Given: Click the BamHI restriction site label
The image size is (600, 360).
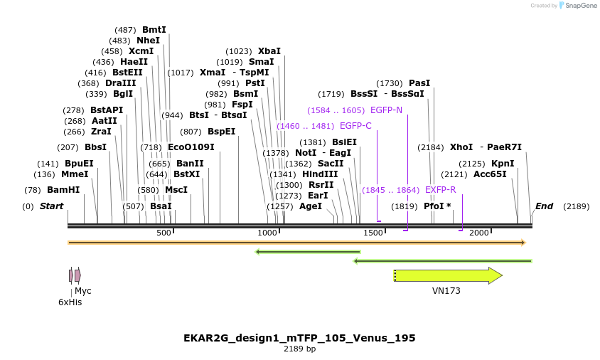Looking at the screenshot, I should (x=63, y=190).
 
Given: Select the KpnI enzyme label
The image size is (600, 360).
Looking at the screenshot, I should (x=503, y=163).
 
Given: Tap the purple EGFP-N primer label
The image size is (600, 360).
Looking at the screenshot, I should (x=386, y=110).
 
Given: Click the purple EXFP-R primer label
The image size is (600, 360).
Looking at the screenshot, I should (x=440, y=190).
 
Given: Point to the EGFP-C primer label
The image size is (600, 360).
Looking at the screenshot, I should (x=355, y=126).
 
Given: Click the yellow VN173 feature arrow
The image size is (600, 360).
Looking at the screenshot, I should (x=448, y=275).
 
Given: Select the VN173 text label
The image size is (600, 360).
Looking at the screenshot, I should (x=446, y=291).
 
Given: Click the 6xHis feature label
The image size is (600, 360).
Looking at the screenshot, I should (x=70, y=302).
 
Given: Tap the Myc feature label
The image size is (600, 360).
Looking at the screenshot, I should (x=83, y=291).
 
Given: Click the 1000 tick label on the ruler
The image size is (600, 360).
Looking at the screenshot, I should (x=267, y=233).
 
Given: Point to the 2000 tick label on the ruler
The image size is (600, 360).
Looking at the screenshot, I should (x=479, y=233).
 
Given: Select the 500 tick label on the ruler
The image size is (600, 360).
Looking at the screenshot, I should (x=164, y=233).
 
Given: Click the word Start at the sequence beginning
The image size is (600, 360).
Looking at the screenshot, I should (x=51, y=206).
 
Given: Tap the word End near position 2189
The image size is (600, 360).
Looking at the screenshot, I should (x=544, y=206).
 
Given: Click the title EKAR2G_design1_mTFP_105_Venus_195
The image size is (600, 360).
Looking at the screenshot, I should (x=299, y=337).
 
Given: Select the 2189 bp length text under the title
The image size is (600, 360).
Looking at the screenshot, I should (x=299, y=349).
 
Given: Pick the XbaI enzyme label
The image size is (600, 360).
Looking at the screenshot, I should (x=269, y=51).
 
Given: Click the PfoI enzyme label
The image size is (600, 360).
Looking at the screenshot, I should (x=434, y=206).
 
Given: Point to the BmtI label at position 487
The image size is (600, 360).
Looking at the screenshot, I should (x=154, y=30).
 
